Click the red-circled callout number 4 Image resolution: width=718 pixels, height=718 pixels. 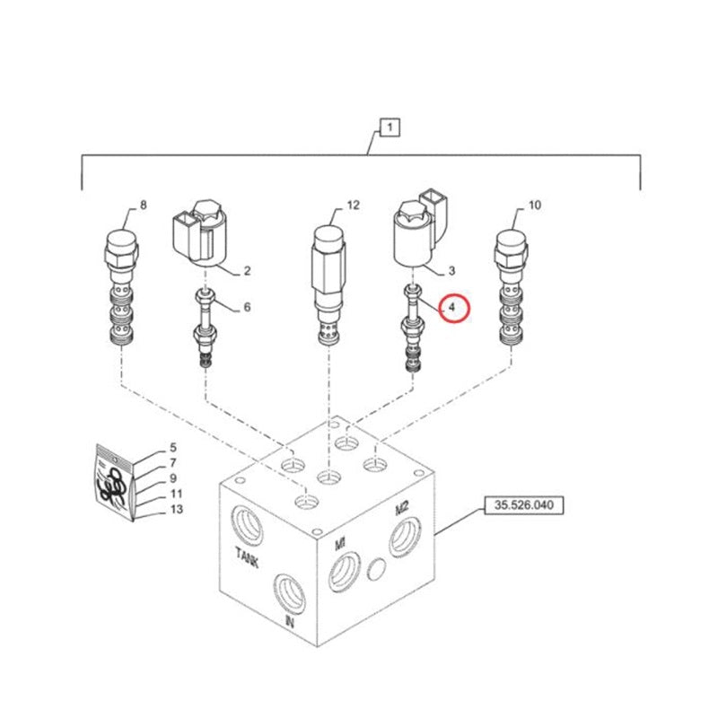tap(452, 308)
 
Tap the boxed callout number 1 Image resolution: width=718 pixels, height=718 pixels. tap(390, 127)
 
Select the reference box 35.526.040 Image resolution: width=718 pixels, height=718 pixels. tap(524, 505)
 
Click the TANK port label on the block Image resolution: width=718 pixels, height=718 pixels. tap(248, 556)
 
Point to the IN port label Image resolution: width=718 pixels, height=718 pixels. tap(290, 621)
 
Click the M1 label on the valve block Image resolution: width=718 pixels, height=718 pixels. tap(340, 544)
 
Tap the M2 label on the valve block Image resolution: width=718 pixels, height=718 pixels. tap(401, 508)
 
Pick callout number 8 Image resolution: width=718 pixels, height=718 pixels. tap(144, 205)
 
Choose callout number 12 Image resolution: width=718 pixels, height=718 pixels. tap(353, 206)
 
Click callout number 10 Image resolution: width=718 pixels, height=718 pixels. tap(534, 206)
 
